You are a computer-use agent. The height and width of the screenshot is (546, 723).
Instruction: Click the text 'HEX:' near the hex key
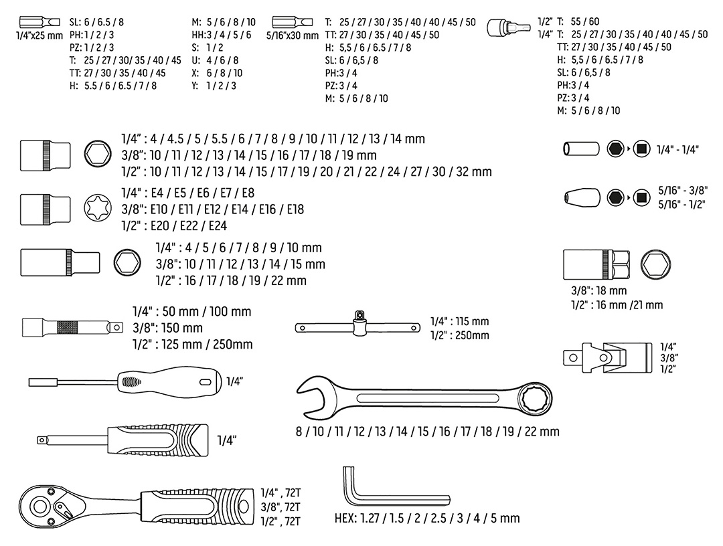click(x=346, y=518)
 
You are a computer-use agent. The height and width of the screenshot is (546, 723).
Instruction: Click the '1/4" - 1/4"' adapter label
click(x=677, y=150)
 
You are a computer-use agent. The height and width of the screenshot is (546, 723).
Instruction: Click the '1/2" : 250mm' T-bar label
click(x=459, y=335)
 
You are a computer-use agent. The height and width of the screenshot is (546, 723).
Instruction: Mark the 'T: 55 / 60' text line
click(x=566, y=21)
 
